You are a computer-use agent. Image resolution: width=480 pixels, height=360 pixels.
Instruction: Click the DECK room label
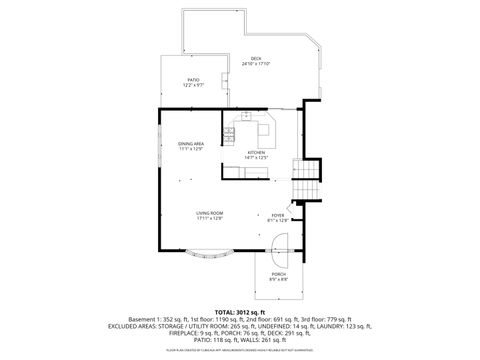(256, 58)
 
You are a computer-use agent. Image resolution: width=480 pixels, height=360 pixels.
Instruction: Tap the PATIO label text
(194, 79)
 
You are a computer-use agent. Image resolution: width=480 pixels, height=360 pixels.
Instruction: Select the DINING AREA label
(191, 144)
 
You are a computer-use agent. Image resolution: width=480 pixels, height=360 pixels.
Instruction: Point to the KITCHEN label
(258, 153)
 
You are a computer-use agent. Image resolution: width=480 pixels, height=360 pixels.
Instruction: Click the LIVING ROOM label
(209, 213)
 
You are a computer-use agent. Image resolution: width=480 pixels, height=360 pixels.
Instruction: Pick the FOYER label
(277, 214)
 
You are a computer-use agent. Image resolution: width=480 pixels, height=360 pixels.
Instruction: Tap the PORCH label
(278, 273)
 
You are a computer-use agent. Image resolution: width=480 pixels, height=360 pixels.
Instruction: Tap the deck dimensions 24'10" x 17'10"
(256, 64)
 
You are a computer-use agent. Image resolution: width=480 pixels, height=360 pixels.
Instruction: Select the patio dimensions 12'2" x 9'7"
(194, 85)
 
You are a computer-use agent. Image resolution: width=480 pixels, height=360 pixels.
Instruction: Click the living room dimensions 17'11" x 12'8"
(209, 219)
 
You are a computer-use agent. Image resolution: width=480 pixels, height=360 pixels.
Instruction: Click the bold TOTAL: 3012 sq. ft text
(240, 310)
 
